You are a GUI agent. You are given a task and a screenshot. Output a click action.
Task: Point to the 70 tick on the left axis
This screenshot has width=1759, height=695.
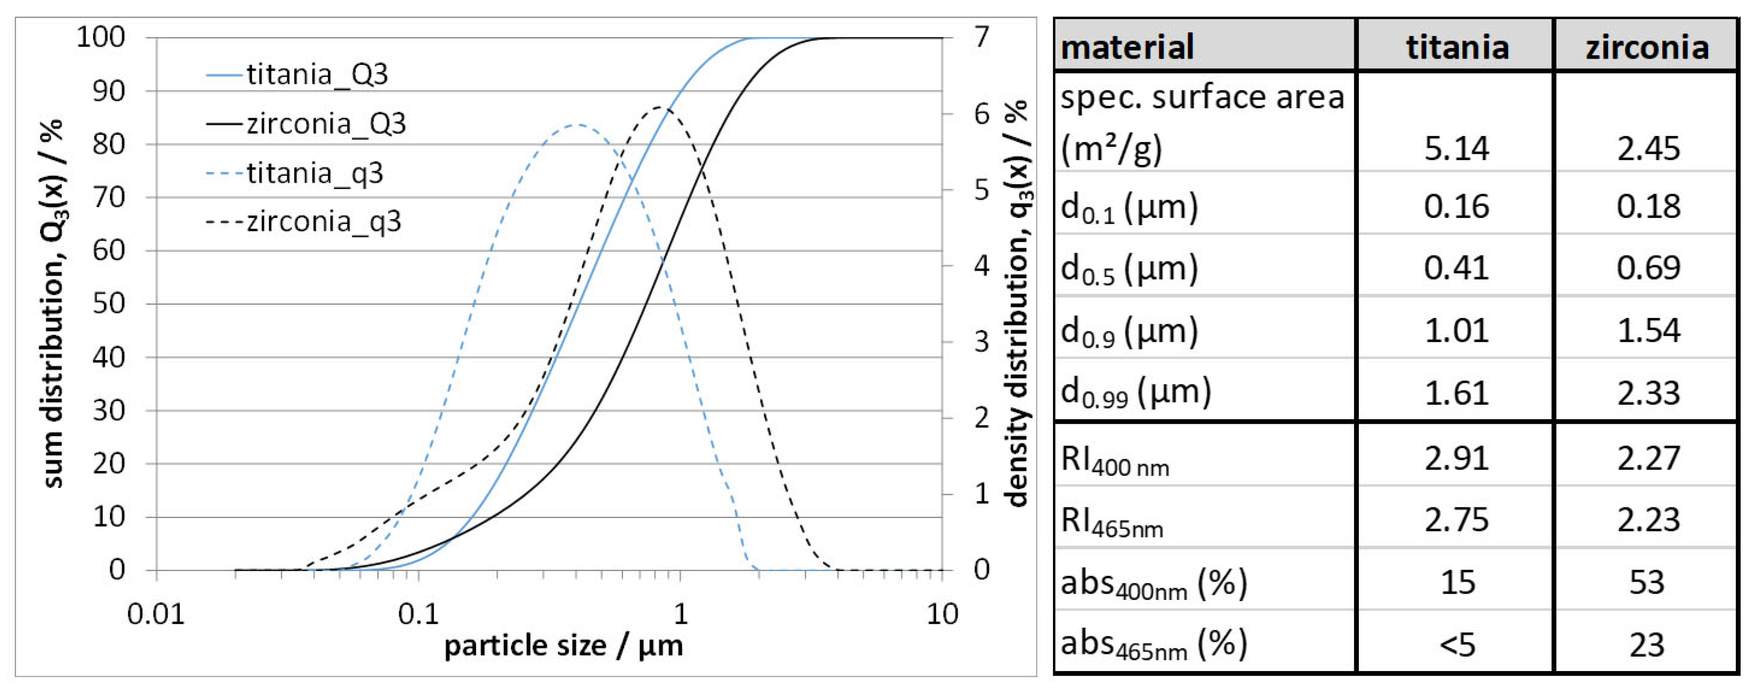pos(109,197)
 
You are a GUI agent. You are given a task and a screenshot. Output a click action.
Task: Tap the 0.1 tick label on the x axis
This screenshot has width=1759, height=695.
pos(418,614)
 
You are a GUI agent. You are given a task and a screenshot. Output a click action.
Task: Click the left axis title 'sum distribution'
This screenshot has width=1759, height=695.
pos(53,304)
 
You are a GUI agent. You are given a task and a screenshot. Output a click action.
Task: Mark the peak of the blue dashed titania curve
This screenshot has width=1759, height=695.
pos(578,125)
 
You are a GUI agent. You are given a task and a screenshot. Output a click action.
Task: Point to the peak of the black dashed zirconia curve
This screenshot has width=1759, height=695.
pos(659,107)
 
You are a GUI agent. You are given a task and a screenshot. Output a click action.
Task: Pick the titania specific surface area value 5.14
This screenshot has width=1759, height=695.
pos(1456,148)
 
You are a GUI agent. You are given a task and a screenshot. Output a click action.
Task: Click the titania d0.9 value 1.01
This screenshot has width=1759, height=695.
pos(1456,330)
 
